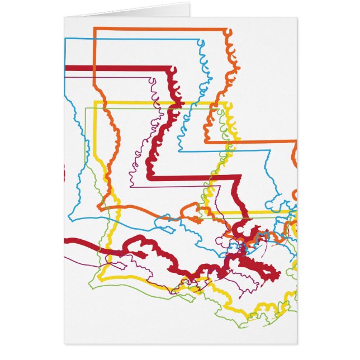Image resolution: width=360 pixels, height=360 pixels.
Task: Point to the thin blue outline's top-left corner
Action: click(x=65, y=39)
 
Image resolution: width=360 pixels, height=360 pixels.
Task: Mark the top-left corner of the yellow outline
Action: click(x=95, y=102)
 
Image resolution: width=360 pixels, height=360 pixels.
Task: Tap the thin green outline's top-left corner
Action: click(x=86, y=108)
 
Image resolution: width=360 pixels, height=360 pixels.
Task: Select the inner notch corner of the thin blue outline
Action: click(x=179, y=151)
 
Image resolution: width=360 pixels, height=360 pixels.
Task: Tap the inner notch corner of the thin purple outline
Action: click(x=130, y=186)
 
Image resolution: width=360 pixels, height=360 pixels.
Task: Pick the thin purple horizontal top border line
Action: click(x=112, y=78)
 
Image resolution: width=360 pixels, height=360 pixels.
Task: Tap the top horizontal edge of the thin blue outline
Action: click(x=134, y=39)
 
